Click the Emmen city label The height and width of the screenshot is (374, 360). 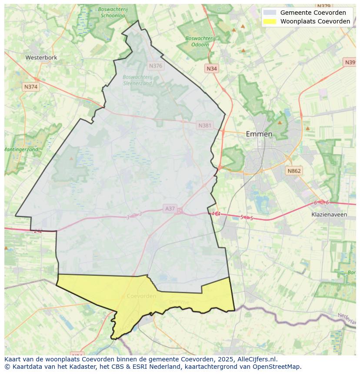259,134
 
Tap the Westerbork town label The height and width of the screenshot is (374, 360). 41,57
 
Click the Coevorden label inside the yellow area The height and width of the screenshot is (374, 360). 142,296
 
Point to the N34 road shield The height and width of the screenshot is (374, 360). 212,69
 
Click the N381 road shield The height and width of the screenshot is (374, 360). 205,126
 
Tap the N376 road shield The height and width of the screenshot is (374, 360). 155,66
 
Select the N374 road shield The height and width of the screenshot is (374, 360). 31,87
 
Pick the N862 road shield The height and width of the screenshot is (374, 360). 294,171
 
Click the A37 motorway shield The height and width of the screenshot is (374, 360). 170,209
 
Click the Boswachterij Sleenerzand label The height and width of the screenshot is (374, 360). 137,80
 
